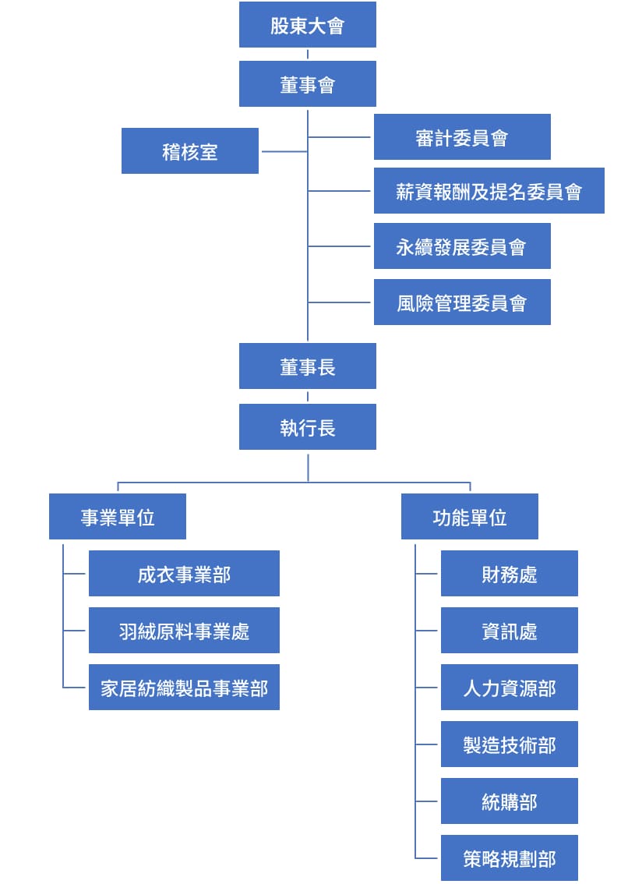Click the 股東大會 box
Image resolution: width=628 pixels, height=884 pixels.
(307, 25)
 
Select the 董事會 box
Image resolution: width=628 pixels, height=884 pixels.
(307, 84)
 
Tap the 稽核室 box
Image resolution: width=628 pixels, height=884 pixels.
(189, 151)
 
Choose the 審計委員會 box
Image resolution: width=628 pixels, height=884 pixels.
(461, 137)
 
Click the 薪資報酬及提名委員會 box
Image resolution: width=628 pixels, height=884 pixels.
(489, 191)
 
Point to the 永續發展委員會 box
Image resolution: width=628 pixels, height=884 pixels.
(461, 246)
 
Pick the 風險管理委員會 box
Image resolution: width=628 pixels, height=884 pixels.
(461, 302)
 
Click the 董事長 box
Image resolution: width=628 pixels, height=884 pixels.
(307, 366)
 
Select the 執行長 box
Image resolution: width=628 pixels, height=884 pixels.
(307, 427)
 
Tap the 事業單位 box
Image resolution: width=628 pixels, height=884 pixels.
(117, 517)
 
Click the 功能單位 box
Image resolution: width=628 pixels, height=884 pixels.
(469, 517)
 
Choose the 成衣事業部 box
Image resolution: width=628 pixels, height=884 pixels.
(184, 574)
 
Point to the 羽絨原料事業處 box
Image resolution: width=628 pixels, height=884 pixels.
(184, 631)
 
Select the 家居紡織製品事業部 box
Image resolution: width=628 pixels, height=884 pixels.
(184, 688)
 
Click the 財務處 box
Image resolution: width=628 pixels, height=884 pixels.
(509, 574)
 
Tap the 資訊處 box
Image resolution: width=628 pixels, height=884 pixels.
(509, 631)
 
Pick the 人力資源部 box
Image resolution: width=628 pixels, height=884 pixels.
(509, 688)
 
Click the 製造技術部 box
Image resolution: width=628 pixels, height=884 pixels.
(509, 744)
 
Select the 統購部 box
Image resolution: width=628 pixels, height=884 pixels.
(509, 801)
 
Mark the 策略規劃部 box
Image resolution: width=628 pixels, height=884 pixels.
(509, 858)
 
